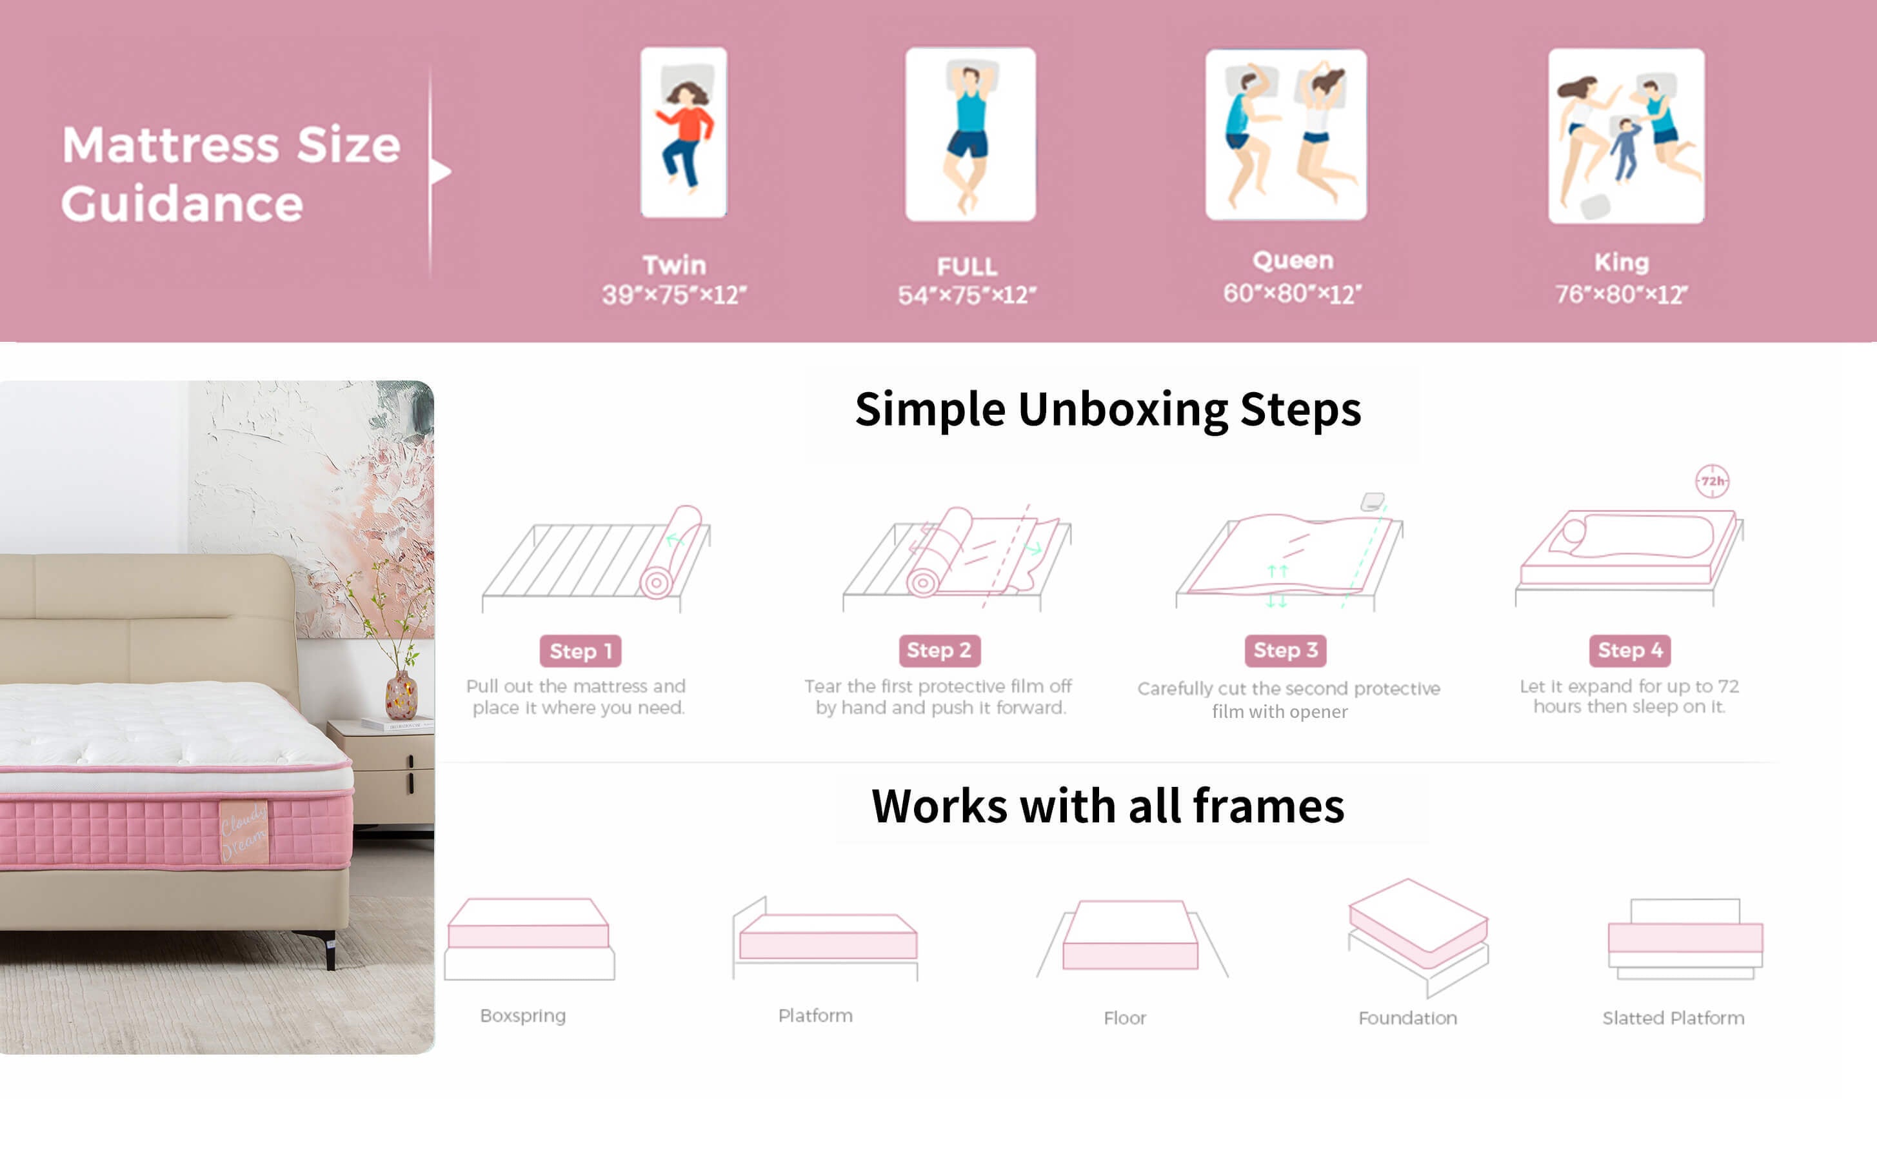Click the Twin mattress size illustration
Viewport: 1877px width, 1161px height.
683,132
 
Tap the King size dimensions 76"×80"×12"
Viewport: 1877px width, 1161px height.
1622,294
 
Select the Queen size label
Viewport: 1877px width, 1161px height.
1293,261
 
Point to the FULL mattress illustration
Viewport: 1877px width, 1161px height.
970,134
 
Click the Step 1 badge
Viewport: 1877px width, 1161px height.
581,651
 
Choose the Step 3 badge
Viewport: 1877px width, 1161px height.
1285,650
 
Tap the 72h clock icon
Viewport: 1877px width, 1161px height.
1712,481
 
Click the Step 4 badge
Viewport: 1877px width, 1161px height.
1630,650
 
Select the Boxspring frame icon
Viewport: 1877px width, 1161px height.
529,938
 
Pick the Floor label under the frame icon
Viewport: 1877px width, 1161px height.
1125,1018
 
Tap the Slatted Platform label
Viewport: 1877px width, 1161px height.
1674,1018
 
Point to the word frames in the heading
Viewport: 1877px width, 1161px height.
1268,806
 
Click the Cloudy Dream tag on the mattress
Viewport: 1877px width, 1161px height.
244,831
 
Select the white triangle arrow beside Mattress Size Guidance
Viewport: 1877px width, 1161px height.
440,171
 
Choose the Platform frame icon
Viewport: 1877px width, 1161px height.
825,938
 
